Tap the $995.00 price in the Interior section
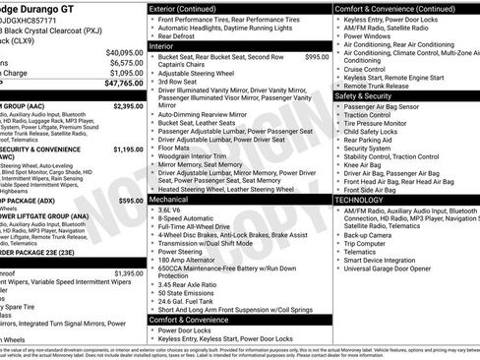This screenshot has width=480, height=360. (317, 58)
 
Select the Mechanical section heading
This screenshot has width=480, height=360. (170, 199)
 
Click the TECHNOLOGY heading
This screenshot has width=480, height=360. (360, 199)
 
